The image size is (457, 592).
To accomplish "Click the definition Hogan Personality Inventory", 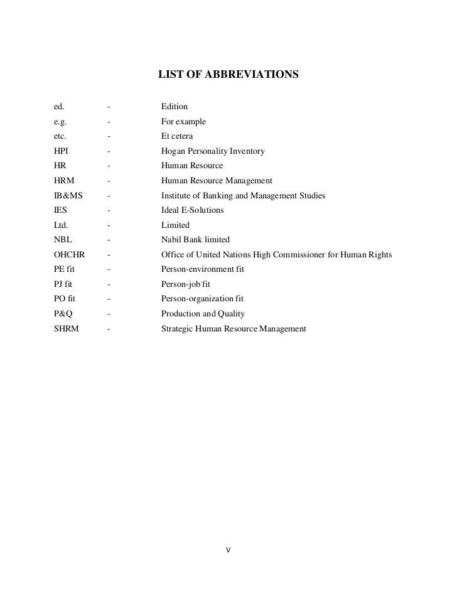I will pyautogui.click(x=213, y=151).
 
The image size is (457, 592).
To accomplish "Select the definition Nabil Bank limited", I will pyautogui.click(x=195, y=239).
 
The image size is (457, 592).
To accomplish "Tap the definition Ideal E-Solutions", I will pyautogui.click(x=192, y=210).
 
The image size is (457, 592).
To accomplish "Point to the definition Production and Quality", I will pyautogui.click(x=203, y=313).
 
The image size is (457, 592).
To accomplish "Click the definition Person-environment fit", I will pyautogui.click(x=202, y=269).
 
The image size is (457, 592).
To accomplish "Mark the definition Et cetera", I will pyautogui.click(x=177, y=136).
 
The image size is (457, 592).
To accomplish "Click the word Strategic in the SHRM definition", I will pyautogui.click(x=178, y=328).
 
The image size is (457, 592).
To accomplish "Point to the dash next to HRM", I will pyautogui.click(x=109, y=180).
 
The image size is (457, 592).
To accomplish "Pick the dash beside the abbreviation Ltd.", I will pyautogui.click(x=109, y=225).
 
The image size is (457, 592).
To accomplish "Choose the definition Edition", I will pyautogui.click(x=175, y=106).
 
